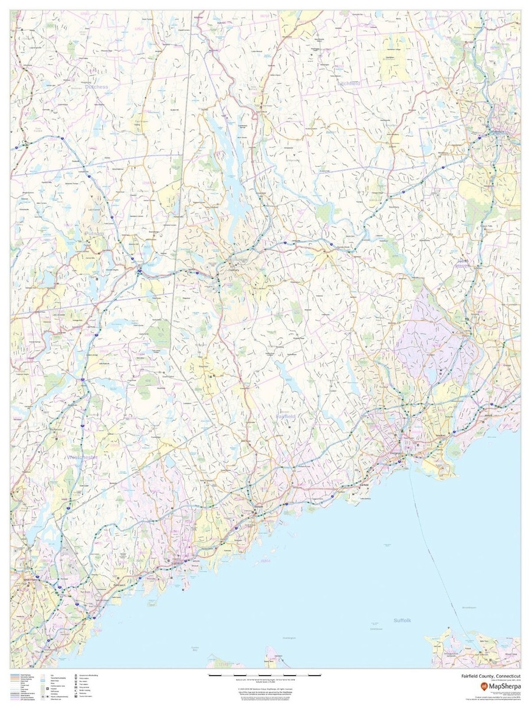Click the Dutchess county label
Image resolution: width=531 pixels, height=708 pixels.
pos(96,87)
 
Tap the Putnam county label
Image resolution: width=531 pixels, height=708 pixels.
pos(94,234)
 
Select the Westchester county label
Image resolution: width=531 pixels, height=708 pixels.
pos(82,457)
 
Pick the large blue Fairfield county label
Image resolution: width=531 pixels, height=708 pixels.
pos(286,417)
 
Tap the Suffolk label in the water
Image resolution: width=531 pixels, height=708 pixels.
pos(405,621)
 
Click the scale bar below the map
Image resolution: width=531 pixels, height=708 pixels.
pos(265,674)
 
